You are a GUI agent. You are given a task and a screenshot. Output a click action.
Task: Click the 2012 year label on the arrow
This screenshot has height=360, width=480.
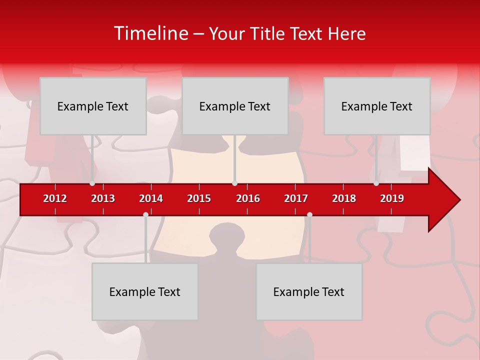coord(55,198)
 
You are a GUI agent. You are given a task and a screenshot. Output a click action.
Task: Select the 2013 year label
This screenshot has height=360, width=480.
coord(103,198)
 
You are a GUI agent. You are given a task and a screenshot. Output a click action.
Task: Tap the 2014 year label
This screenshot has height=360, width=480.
coord(151,198)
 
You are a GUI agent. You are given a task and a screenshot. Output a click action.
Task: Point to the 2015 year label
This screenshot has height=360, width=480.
coord(199,198)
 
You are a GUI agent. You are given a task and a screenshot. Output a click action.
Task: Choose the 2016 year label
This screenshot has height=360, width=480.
coord(248,198)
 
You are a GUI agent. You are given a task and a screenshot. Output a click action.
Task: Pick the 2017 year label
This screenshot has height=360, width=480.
coord(296,198)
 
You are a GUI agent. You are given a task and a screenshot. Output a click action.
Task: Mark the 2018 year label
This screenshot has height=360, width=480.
coord(344,198)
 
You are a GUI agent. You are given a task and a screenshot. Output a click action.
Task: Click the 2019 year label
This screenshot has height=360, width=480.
coord(392,198)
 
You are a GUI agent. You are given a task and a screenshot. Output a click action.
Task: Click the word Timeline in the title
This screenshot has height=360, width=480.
coord(150,33)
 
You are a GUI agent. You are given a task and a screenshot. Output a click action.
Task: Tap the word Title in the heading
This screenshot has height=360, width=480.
coord(268,34)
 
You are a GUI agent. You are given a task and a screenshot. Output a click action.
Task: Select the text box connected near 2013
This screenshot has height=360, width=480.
coord(93,106)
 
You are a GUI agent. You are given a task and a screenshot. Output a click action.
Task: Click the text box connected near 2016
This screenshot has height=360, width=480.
coord(235,106)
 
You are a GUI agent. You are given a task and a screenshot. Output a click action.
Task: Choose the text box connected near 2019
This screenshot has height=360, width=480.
coord(377,106)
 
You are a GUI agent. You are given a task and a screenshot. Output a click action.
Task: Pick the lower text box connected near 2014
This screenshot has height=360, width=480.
coord(145,291)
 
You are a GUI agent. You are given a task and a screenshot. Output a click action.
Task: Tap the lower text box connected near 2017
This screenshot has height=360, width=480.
coord(309,291)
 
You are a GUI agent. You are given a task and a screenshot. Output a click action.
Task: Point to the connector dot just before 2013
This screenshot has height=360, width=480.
coord(92,183)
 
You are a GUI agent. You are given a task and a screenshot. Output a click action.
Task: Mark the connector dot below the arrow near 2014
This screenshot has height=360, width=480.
coord(145,214)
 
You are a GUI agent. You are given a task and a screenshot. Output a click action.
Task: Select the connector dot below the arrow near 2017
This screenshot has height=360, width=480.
coord(309,214)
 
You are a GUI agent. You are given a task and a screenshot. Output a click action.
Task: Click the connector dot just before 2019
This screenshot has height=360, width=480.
coord(376,183)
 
